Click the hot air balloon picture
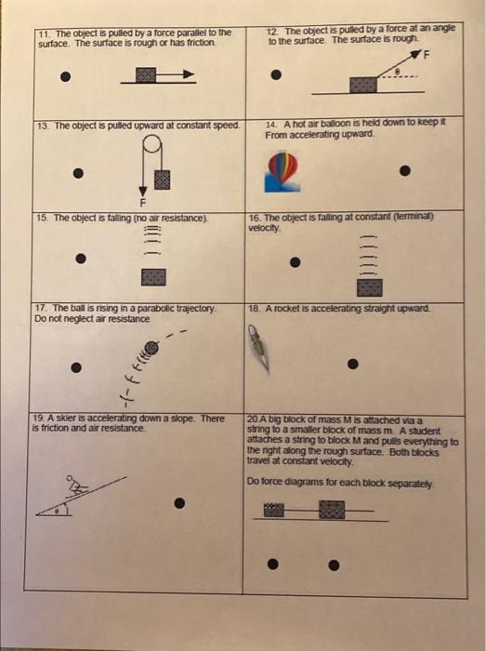coord(282,172)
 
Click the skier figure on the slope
coord(75,485)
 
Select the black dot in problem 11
coord(65,76)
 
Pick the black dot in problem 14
coord(405,170)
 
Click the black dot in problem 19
coord(179,503)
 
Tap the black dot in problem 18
coord(353,364)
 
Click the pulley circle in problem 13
coord(152,143)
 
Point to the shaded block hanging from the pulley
coord(162,179)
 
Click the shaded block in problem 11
coord(146,75)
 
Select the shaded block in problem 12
coord(363,85)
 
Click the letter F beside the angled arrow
coord(426,55)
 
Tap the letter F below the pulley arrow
coord(143,203)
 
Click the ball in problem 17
coord(151,348)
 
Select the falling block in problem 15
coord(153,277)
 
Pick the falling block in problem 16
coord(370,287)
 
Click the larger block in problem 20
coord(332,510)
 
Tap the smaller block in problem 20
coord(274,510)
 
